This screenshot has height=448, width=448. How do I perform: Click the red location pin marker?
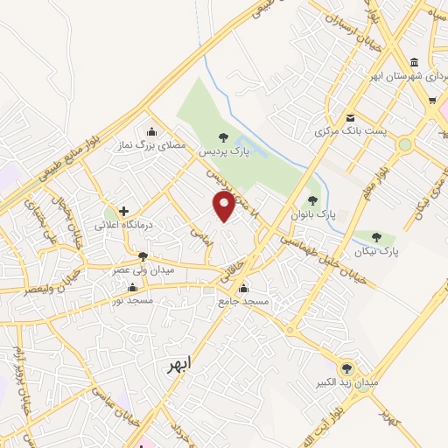(225, 206)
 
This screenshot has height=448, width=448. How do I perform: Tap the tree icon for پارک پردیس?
(223, 136)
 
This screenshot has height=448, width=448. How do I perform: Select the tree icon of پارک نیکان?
(376, 236)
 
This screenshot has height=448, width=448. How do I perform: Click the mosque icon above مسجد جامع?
(243, 289)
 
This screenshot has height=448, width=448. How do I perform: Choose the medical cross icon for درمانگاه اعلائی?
(124, 211)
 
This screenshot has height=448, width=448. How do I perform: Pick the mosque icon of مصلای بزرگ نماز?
(151, 132)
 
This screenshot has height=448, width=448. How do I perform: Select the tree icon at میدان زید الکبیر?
(346, 368)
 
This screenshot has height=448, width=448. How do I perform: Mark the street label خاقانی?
(231, 271)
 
